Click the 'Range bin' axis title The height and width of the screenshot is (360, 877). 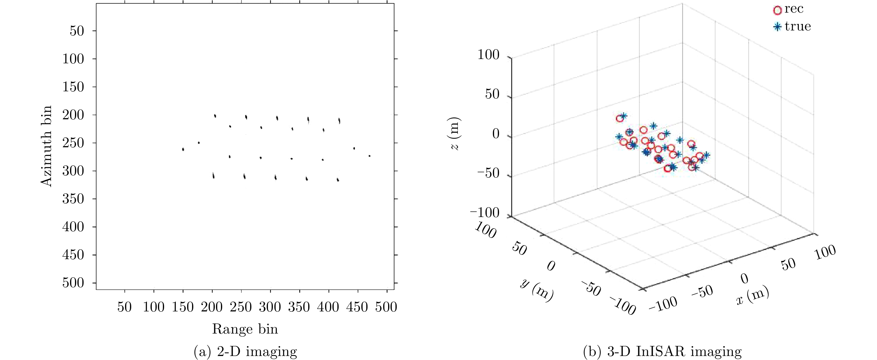tap(245, 329)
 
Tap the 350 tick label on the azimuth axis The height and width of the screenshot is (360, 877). tap(73, 199)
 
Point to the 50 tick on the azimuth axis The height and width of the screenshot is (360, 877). tap(77, 31)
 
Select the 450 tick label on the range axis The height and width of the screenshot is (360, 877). tap(357, 307)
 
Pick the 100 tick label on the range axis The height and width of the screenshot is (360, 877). tap(154, 307)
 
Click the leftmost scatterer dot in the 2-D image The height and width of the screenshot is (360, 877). tap(183, 149)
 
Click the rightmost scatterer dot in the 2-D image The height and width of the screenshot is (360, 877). tap(369, 156)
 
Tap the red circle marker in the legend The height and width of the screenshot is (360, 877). tap(777, 10)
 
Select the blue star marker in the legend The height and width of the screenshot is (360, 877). tap(777, 26)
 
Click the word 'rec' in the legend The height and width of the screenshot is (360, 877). tap(794, 9)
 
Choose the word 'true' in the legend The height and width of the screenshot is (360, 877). tap(798, 26)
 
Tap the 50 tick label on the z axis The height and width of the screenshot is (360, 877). tap(492, 94)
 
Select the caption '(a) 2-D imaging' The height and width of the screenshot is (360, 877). tap(245, 351)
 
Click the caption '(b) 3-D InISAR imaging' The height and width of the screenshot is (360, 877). tap(662, 351)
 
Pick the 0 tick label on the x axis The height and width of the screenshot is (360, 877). tap(745, 279)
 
